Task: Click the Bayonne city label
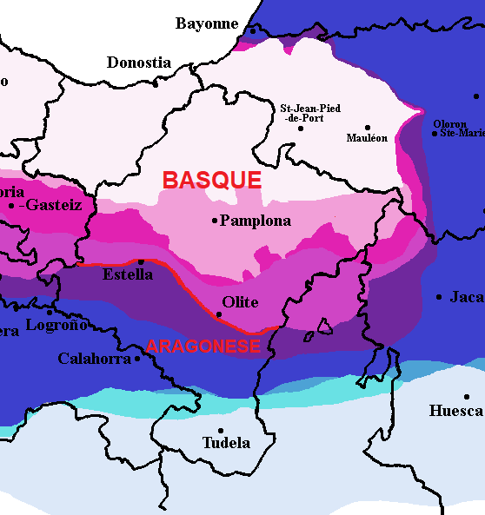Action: coord(207,23)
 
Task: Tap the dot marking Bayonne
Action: coord(253,31)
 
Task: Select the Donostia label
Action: coord(139,63)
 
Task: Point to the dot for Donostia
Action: coord(156,83)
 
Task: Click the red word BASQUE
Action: coord(212,180)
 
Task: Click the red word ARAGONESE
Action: coord(203,346)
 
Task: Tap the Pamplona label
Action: coord(256,221)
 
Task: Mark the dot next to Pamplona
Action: coord(215,221)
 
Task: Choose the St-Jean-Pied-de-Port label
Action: coord(309,113)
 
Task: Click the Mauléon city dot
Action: coord(368,127)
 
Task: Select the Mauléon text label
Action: coord(367,138)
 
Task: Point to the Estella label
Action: coord(128,274)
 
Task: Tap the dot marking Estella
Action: coord(141,261)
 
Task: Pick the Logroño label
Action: coord(57,325)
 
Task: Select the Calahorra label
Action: coord(94,358)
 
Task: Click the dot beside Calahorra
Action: coord(137,358)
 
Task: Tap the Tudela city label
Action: coord(226,443)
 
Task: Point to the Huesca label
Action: coord(456,410)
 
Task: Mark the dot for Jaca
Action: coord(439,297)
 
